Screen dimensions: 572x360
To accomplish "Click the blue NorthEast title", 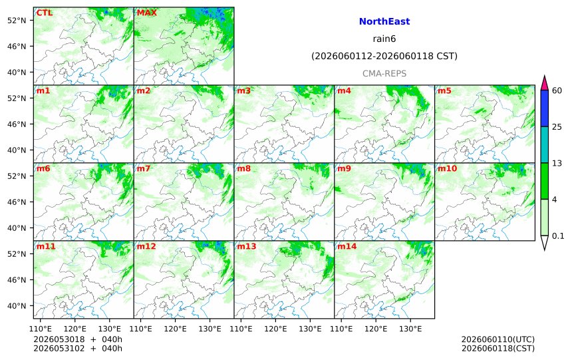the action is coord(384,21).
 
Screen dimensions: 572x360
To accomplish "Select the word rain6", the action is coord(384,39).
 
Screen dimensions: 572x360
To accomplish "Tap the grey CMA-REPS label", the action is coord(384,74).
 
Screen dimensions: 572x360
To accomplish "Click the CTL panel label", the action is coord(44,13).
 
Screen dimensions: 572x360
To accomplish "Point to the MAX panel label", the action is coord(146,13).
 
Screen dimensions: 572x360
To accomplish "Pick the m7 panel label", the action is coord(144,168).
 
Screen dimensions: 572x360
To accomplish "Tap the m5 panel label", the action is coord(444,91).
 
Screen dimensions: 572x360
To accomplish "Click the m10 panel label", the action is coord(447,168).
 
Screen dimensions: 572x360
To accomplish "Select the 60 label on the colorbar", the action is coord(557,90).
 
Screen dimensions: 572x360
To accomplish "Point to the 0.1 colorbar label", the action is coord(558,236).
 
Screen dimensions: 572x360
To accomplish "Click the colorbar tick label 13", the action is coord(557,163).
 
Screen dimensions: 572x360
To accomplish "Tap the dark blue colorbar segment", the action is coord(544,108).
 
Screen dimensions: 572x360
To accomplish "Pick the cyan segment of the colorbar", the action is coord(544,144).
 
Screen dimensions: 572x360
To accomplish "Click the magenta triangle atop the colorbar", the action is coord(544,83).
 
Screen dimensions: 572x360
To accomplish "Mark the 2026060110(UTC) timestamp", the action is coord(498,339).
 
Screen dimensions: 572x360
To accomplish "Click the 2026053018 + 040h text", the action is coord(78,339).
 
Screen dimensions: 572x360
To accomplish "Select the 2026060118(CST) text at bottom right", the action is coord(498,349).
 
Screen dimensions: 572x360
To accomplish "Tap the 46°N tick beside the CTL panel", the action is coord(17,47).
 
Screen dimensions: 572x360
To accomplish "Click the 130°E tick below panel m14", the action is coord(410,329).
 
